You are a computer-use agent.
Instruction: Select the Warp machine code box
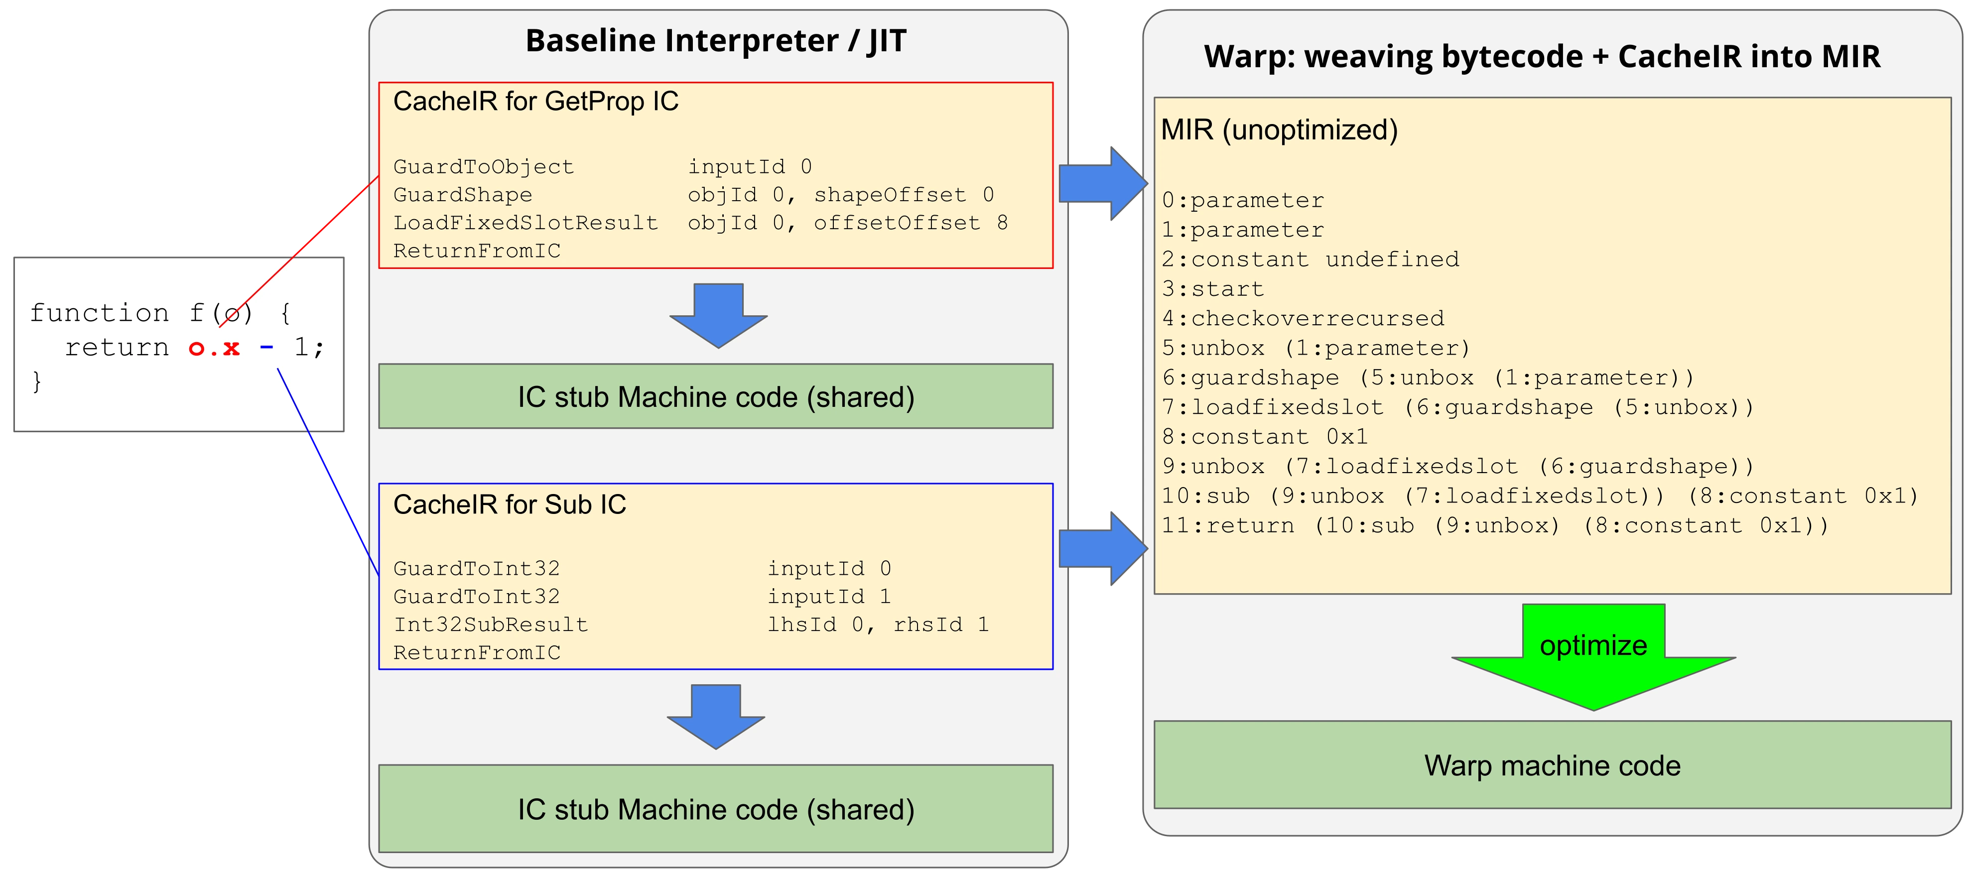tap(1552, 765)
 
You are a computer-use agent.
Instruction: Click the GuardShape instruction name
tap(462, 195)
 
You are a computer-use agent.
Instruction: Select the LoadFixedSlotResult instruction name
tap(525, 223)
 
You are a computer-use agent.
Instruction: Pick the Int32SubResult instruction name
tap(491, 625)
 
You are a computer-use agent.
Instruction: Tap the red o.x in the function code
tap(214, 349)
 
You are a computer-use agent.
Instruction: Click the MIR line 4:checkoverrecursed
tap(1303, 318)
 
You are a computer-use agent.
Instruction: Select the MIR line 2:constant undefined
tap(1310, 259)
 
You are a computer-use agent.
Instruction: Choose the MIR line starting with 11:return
tap(1494, 526)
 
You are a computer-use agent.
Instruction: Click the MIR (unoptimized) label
tap(1279, 130)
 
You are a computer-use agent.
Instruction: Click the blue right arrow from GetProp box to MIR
tap(1101, 183)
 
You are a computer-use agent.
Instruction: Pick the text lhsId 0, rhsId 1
tap(878, 625)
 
